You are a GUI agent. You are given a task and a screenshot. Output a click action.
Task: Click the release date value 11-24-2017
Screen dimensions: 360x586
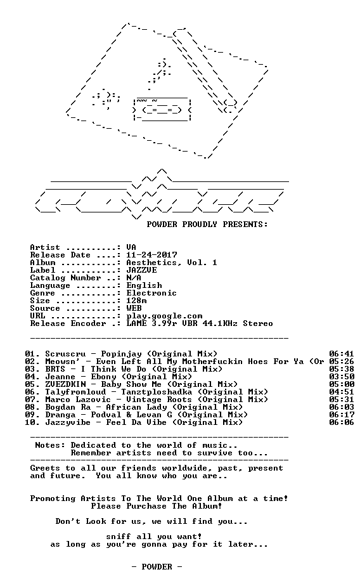point(151,255)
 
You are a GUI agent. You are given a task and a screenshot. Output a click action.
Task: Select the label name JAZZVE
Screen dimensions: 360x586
point(141,270)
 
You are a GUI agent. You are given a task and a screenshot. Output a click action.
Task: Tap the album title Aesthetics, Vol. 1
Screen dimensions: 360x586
point(172,263)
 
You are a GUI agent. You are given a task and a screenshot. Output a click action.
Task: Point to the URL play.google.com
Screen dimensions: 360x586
point(164,316)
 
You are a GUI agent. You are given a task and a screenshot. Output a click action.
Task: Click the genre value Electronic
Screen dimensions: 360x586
point(151,293)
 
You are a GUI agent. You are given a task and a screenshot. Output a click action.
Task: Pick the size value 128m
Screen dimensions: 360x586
point(136,301)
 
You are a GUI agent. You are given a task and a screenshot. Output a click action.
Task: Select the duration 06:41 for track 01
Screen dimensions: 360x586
point(342,354)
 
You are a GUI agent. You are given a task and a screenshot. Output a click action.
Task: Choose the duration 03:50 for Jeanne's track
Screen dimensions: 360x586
point(342,377)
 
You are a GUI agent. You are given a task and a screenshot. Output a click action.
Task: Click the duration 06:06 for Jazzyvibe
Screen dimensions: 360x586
point(342,422)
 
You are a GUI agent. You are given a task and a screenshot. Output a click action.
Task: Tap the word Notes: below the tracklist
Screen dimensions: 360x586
point(50,445)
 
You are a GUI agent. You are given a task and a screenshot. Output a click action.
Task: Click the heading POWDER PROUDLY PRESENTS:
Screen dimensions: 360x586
point(207,225)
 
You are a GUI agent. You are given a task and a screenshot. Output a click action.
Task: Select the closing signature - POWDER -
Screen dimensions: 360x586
point(157,567)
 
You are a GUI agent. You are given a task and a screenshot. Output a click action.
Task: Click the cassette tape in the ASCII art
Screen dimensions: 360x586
point(162,108)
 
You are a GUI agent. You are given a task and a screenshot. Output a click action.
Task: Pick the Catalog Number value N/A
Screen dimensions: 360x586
point(134,278)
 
